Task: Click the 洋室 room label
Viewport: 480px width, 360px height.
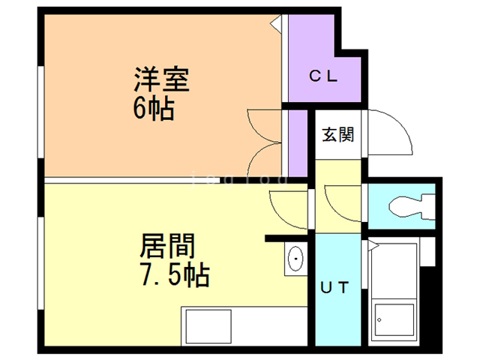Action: (160, 79)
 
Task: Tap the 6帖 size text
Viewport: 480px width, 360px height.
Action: (154, 109)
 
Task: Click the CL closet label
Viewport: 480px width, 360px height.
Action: (325, 76)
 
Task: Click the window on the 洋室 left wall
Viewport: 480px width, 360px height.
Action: (41, 112)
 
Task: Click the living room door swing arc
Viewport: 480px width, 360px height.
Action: (289, 210)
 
